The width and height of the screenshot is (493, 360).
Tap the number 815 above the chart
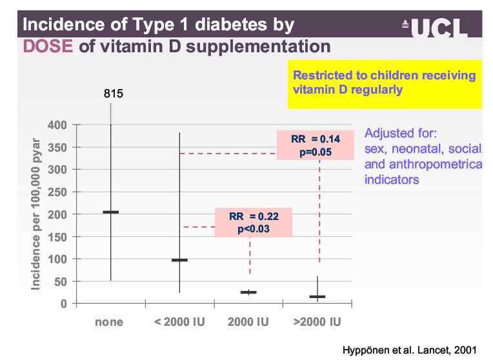(114, 94)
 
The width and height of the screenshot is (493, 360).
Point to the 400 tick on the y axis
(58, 125)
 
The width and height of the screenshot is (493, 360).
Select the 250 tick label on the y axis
(58, 192)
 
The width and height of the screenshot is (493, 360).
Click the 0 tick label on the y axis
(64, 303)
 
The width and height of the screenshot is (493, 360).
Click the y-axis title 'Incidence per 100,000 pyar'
(36, 214)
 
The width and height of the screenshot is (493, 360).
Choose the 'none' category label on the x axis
(108, 322)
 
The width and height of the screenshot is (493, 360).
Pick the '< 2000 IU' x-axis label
(179, 322)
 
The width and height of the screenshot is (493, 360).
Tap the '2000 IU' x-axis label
(248, 322)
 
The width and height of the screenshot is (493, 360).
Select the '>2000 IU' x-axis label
(317, 322)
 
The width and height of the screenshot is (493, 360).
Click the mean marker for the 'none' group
(111, 212)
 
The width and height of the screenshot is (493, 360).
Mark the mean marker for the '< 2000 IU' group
(179, 260)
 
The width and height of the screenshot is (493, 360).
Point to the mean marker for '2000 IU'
(248, 292)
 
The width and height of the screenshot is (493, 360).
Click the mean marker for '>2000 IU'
(317, 297)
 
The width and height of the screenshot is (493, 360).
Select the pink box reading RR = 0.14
(316, 145)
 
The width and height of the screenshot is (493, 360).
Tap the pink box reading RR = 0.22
(253, 222)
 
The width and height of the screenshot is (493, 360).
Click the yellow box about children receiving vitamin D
(384, 83)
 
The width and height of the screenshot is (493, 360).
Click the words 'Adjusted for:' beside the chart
(401, 134)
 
